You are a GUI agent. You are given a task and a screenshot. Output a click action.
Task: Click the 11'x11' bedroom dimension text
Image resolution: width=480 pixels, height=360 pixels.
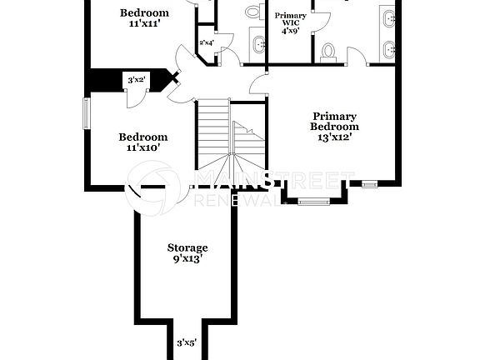(144, 24)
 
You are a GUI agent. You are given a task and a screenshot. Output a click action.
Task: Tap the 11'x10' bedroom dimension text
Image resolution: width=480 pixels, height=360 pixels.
(142, 147)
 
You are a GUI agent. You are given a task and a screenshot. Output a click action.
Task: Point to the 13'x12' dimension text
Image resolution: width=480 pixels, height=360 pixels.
(334, 137)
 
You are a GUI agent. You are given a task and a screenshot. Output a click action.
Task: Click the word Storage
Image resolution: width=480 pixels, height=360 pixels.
(187, 247)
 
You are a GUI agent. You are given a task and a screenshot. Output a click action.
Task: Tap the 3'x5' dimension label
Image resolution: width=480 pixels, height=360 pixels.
(187, 342)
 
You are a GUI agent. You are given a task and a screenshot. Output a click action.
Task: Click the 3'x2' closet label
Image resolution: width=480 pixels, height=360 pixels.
(137, 80)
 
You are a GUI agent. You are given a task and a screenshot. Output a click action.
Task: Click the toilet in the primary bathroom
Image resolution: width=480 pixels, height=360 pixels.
(328, 52)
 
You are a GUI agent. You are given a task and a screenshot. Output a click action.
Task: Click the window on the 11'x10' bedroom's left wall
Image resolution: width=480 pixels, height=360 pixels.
(85, 113)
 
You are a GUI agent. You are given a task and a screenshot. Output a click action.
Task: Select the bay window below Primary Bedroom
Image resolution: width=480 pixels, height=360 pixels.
(312, 201)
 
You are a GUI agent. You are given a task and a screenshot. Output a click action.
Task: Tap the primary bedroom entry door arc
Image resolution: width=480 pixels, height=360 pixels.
(259, 83)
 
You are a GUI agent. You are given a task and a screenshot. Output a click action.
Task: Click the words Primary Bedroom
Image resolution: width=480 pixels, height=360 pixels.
(334, 122)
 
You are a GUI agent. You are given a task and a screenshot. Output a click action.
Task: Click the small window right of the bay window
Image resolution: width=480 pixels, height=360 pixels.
(369, 184)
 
